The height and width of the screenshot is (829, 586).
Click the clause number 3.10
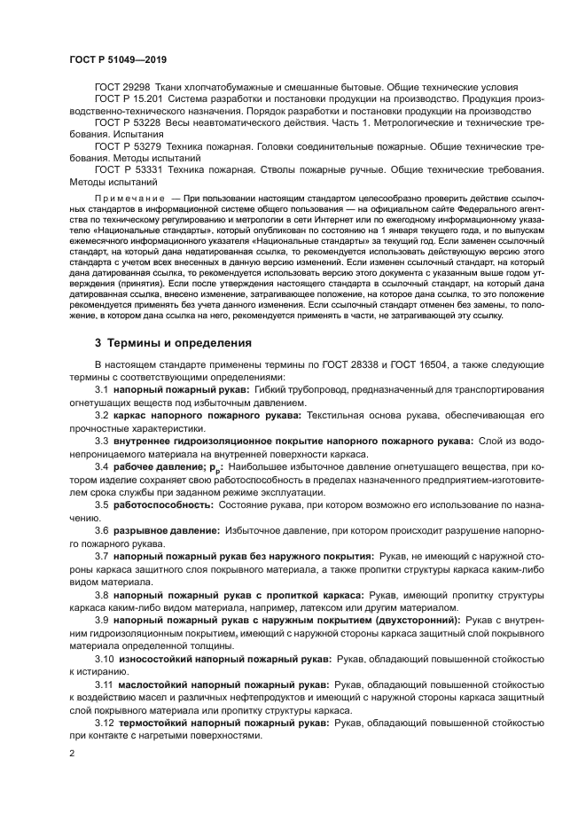(104, 659)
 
